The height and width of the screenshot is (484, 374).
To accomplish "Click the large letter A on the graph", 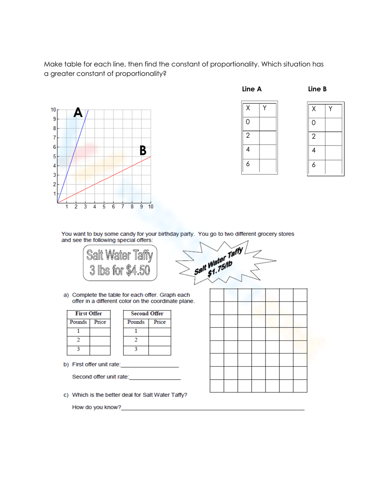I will point(78,112).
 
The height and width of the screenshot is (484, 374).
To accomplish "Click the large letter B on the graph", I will point(142,150).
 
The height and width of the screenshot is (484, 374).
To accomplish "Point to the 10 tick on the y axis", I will point(53,110).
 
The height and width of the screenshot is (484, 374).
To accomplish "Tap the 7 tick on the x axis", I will point(123,206).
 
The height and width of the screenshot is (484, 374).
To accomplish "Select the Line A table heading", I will point(252,89).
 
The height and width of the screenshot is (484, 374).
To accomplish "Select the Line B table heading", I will point(317,89).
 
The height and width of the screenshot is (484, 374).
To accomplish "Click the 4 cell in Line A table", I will point(248,150).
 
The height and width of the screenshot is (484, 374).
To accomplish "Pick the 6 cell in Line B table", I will point(314,165).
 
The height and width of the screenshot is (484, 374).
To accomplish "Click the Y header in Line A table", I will point(265,108).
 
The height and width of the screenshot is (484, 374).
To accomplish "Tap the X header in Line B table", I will point(314,109).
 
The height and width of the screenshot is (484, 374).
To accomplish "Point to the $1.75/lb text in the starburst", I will point(220,269).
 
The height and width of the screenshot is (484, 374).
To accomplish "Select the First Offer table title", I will point(89,313).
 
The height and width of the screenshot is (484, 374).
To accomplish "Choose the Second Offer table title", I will point(147,313).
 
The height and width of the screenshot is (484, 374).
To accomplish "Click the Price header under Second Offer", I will point(160,322).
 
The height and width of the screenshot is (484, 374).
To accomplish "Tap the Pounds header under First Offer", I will point(78,322).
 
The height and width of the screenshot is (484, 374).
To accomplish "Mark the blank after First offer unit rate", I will point(150,365).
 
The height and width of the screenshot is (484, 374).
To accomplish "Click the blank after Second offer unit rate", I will point(154,377).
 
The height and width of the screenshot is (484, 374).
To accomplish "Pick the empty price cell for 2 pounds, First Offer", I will point(100,340).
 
